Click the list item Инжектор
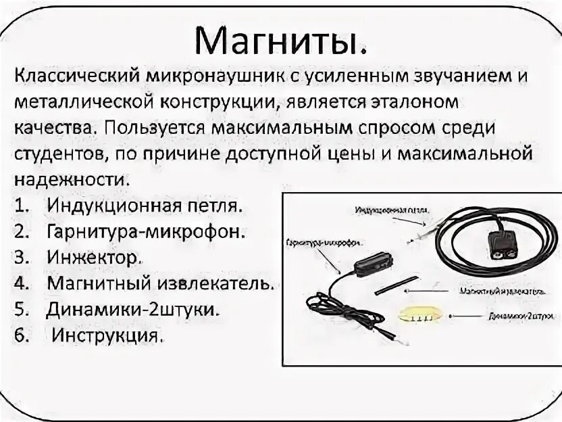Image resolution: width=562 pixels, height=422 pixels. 94,257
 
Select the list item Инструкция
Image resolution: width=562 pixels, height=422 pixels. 108,335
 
